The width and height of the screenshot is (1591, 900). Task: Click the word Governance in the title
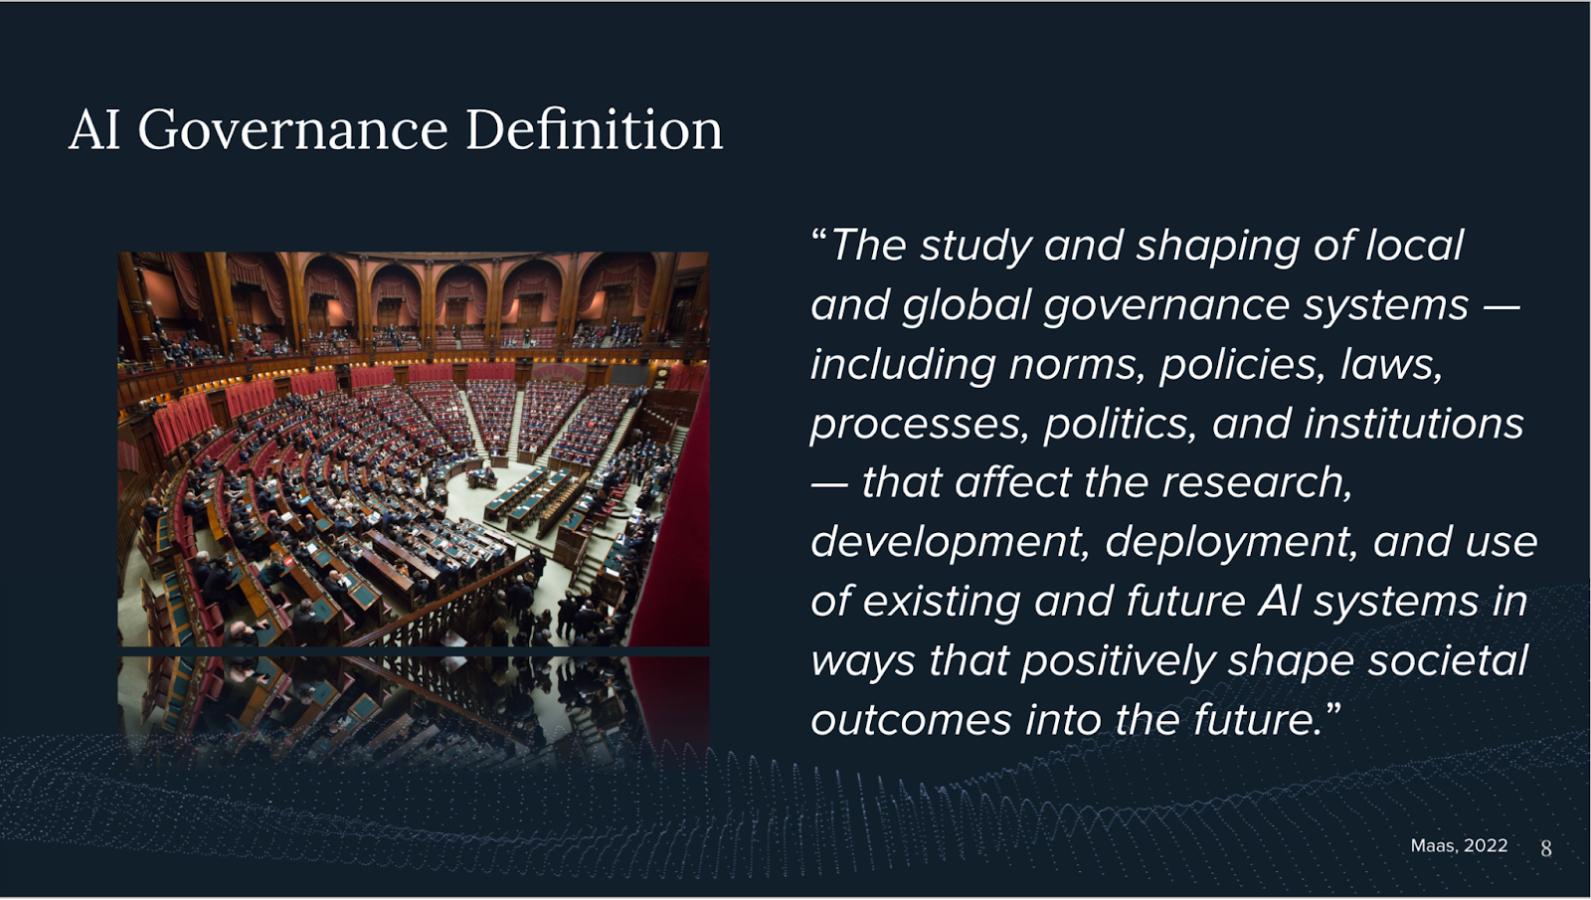point(292,131)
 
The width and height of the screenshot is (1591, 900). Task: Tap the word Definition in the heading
point(595,129)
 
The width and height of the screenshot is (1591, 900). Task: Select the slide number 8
point(1546,848)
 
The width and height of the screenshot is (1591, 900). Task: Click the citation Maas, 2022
point(1459,845)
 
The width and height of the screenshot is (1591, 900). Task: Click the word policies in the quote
point(1242,365)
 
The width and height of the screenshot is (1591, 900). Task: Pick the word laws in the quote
point(1391,364)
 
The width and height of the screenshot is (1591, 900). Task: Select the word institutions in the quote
point(1413,424)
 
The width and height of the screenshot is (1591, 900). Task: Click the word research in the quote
point(1257,483)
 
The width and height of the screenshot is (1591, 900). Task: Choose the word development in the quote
point(951,543)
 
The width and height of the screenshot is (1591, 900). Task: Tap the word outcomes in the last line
point(911,721)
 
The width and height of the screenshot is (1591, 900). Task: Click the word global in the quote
point(966,306)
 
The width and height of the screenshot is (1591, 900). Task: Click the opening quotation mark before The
point(819,235)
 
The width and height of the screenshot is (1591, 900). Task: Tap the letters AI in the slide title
point(94,130)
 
